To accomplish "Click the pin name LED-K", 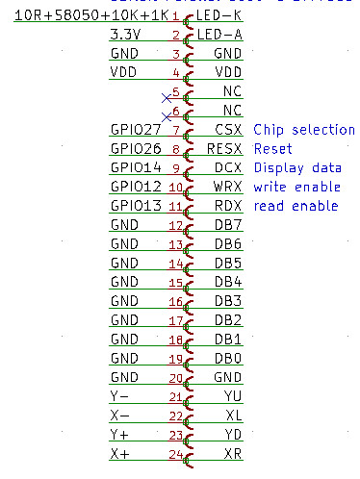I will coord(219,16).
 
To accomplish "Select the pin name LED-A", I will coord(219,36).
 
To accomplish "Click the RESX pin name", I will coord(223,149).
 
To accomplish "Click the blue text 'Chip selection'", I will coord(303,130).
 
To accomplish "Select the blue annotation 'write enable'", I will coord(296,187).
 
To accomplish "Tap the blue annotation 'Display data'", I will coord(297,168).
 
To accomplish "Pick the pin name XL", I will coord(232,415).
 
